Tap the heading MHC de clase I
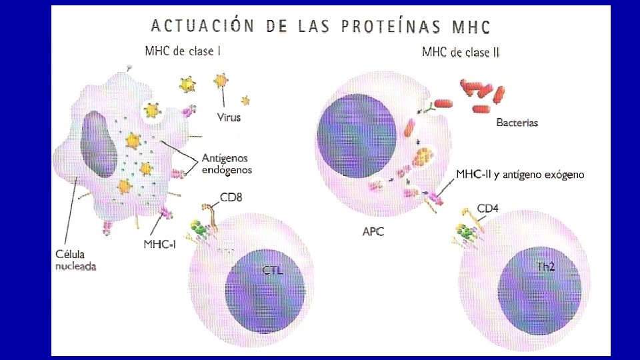tap(183, 51)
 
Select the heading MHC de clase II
tap(461, 53)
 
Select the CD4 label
tap(487, 209)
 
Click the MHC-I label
tap(160, 244)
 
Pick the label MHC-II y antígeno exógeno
tap(520, 175)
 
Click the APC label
tap(373, 233)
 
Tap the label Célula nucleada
tap(75, 261)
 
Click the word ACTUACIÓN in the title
tap(202, 26)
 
